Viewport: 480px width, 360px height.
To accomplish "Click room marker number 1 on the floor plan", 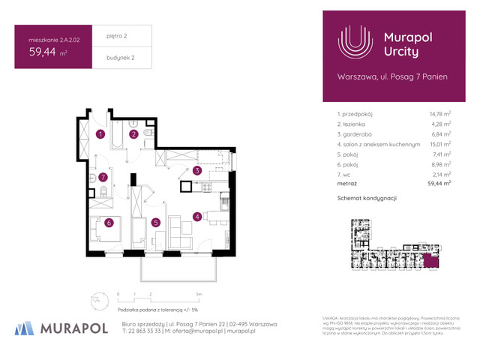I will (x=100, y=135).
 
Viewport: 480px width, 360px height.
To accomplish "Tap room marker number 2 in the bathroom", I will (x=133, y=135).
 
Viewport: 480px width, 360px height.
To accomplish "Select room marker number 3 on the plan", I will (x=196, y=171).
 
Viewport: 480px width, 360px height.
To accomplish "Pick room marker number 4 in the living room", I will (x=196, y=217).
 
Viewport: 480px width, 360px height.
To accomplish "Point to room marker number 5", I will (x=154, y=222).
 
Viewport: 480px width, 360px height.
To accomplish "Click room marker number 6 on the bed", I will (x=109, y=222).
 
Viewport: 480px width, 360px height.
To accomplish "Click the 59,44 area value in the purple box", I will (x=44, y=52).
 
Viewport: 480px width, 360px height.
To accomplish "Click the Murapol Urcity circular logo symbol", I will (x=355, y=43).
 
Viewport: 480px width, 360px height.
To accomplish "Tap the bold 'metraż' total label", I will (x=347, y=183).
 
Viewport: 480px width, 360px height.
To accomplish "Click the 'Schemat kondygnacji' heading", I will (x=367, y=198).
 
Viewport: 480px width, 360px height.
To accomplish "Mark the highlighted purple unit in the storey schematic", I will (x=430, y=261).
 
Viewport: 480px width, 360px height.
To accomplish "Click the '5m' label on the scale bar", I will (x=197, y=295).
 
